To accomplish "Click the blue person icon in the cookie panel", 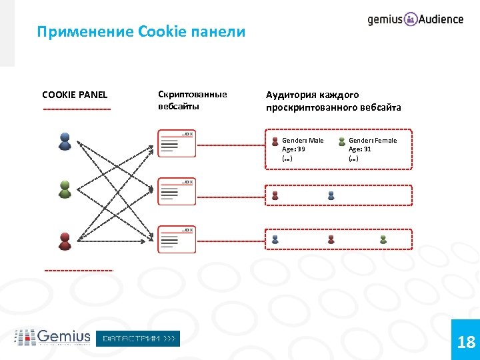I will coord(65,141).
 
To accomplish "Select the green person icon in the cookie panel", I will coord(65,189).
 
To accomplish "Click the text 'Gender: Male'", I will coord(303,141).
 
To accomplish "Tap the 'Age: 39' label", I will coord(293,149).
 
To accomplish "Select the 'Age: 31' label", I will coord(360,149).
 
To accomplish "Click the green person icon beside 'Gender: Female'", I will coord(342,141).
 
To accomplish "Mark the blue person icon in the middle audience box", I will coord(331,195).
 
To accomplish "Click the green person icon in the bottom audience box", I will coord(383,239).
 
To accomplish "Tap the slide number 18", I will coord(466,343).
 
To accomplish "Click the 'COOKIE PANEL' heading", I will coord(75,95).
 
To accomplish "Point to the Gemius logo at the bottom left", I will coord(53,338).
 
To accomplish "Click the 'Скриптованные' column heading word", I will coord(192,94).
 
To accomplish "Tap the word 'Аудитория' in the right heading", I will coord(289,95).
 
